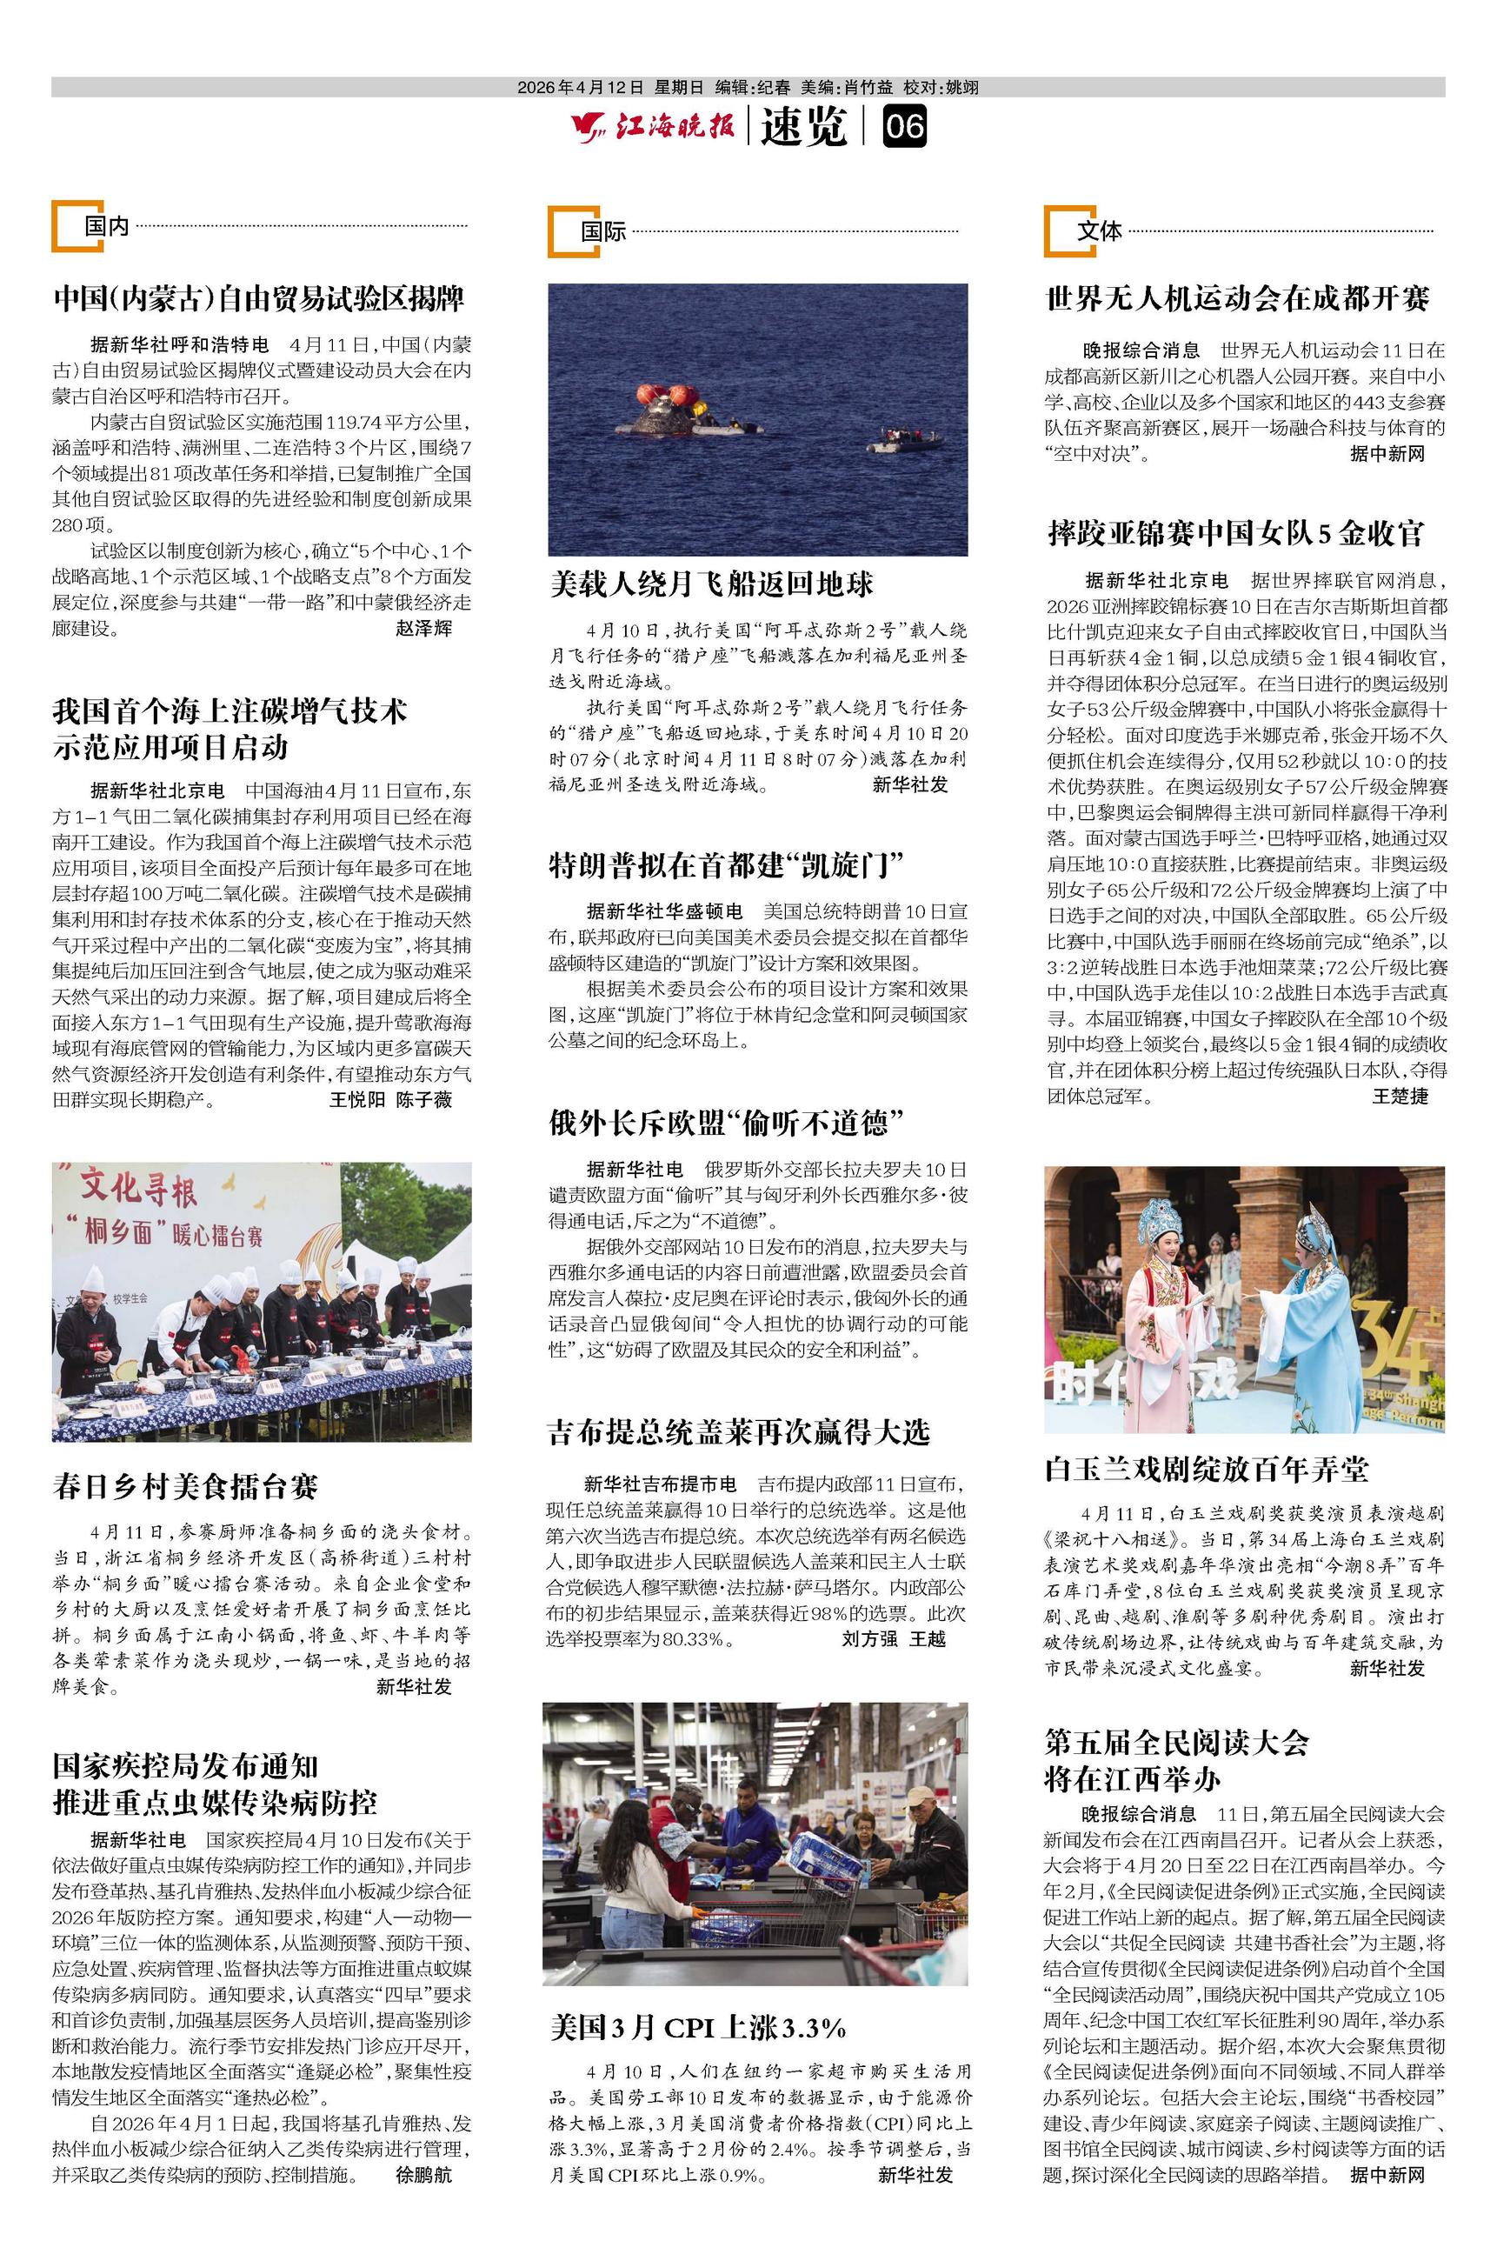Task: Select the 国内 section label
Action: pyautogui.click(x=106, y=226)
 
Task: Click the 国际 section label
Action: pyautogui.click(x=603, y=231)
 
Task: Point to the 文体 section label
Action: pyautogui.click(x=1099, y=230)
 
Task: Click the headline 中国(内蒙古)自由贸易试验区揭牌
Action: pyautogui.click(x=259, y=299)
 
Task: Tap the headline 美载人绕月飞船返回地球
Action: pyautogui.click(x=711, y=584)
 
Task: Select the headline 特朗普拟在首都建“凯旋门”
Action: pyautogui.click(x=726, y=865)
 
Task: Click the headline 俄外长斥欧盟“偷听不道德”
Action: pyautogui.click(x=726, y=1123)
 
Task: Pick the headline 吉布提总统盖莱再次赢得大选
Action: pyautogui.click(x=738, y=1432)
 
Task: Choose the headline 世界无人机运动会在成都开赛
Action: pyautogui.click(x=1237, y=299)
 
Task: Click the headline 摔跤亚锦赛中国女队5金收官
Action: pyautogui.click(x=1235, y=533)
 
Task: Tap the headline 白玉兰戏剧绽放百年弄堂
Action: pyautogui.click(x=1207, y=1470)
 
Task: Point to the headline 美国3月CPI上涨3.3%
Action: pyautogui.click(x=698, y=2028)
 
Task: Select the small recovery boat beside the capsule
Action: pyautogui.click(x=904, y=440)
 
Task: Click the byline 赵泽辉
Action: pyautogui.click(x=424, y=628)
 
